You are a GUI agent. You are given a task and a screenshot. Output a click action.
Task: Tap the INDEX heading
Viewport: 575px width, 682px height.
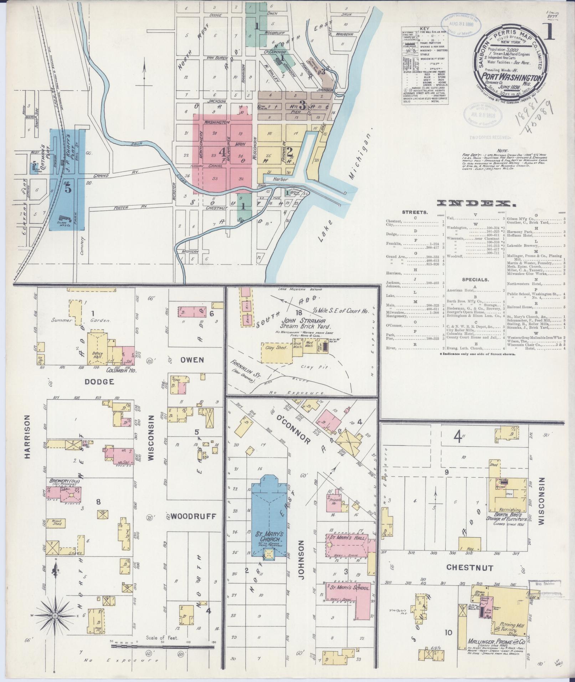(476, 204)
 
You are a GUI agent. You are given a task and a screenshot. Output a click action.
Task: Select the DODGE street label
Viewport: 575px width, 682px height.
(99, 381)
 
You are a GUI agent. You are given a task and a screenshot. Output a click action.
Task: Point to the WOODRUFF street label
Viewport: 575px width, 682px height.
(193, 516)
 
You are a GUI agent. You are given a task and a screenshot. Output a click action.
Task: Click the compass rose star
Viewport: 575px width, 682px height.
(55, 615)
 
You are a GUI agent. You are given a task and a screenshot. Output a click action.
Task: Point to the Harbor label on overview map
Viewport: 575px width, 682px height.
(281, 180)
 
